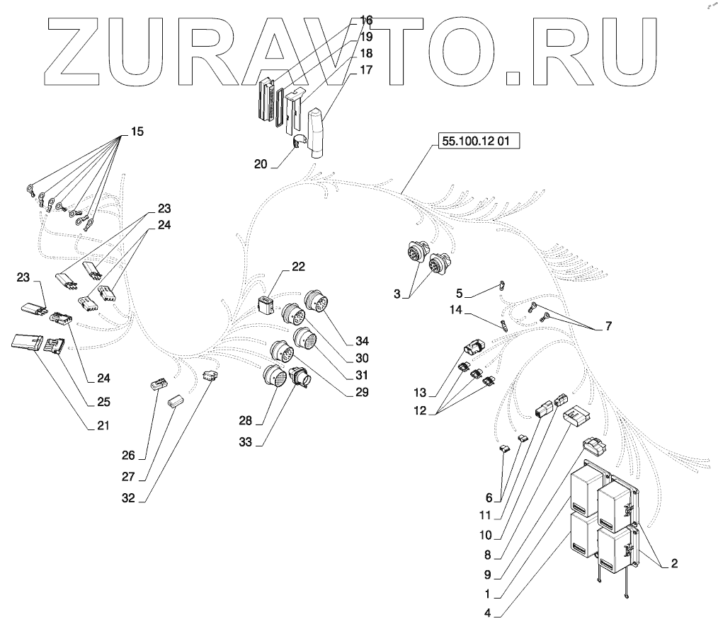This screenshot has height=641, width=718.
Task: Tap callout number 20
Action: pyautogui.click(x=260, y=163)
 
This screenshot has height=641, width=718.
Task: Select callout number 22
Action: pyautogui.click(x=298, y=267)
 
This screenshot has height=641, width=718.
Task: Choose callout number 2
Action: pyautogui.click(x=673, y=563)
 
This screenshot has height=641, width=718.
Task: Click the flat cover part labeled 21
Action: pyautogui.click(x=26, y=342)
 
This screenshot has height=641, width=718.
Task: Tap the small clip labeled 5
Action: pyautogui.click(x=500, y=286)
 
